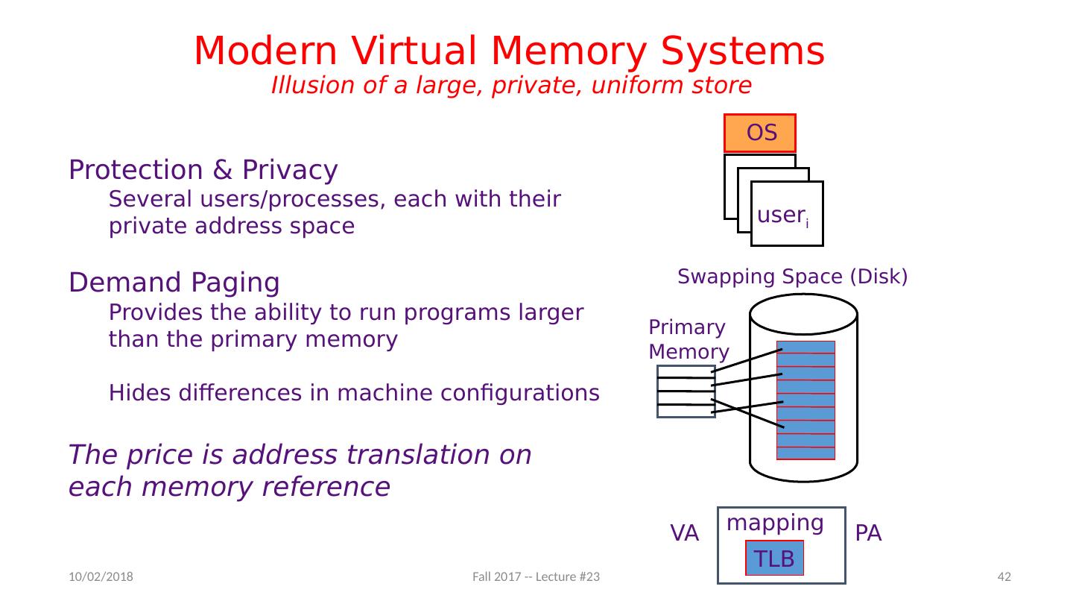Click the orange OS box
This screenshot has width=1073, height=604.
760,133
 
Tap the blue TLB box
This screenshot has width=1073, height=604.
774,558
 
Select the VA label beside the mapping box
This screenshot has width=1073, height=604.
684,533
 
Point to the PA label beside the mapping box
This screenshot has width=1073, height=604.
868,533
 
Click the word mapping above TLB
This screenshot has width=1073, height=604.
775,523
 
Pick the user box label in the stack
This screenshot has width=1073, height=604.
783,216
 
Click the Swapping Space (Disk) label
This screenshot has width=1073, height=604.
792,277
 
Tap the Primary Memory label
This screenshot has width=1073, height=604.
689,339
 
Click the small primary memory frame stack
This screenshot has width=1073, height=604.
686,391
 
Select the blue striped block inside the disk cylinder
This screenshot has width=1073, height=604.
805,400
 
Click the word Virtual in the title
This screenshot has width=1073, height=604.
414,51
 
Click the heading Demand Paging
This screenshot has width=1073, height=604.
174,283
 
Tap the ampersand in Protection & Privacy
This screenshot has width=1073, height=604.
223,170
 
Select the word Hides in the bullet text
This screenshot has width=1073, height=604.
140,392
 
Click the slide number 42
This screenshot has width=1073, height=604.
1004,576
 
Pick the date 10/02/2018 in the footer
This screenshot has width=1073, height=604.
101,576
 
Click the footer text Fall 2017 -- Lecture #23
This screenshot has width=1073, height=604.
536,576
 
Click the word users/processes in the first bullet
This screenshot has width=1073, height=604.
293,199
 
